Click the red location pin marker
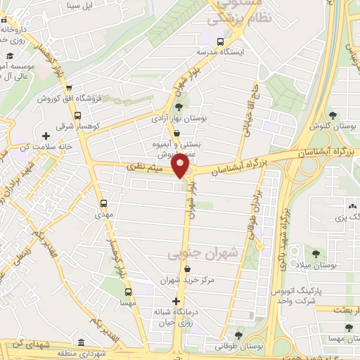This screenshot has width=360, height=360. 181,167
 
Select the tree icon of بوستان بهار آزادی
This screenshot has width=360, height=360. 178,107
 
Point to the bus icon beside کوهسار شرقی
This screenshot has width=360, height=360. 77,115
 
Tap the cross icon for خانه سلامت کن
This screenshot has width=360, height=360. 46,135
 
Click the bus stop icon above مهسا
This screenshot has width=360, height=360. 127,290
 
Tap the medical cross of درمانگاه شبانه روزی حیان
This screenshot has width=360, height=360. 176,302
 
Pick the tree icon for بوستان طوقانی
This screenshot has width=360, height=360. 238,335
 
